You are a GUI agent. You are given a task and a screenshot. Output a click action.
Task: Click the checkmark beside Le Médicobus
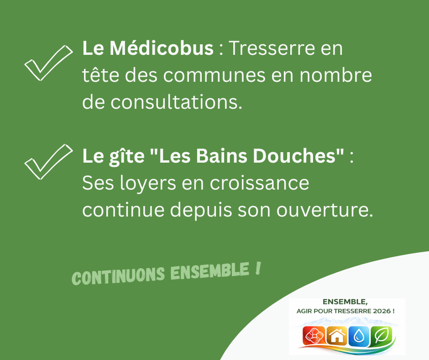[47, 63]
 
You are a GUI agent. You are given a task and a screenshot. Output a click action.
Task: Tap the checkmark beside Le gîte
[47, 162]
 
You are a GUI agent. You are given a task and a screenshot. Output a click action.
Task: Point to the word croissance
[259, 183]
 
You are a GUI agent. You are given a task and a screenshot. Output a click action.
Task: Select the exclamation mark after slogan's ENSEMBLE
[258, 269]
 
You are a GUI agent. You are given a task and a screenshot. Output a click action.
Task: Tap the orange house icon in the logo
[337, 336]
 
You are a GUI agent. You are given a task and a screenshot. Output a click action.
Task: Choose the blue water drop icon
[359, 336]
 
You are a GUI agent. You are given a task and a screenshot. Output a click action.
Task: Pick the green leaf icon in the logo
[381, 336]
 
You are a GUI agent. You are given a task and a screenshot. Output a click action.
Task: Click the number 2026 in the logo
[380, 311]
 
